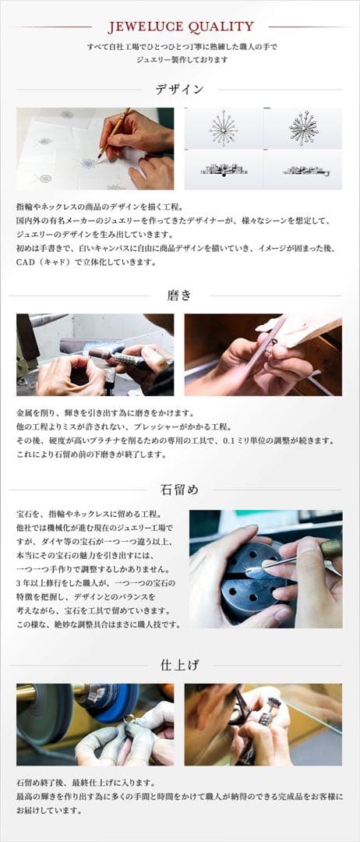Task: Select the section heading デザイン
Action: click(180, 90)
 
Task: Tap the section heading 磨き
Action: click(180, 295)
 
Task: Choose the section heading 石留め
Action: click(180, 490)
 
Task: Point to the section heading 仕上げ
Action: click(180, 665)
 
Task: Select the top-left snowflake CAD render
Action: click(224, 127)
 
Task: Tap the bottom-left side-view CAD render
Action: click(224, 169)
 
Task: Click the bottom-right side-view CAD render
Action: click(303, 169)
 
